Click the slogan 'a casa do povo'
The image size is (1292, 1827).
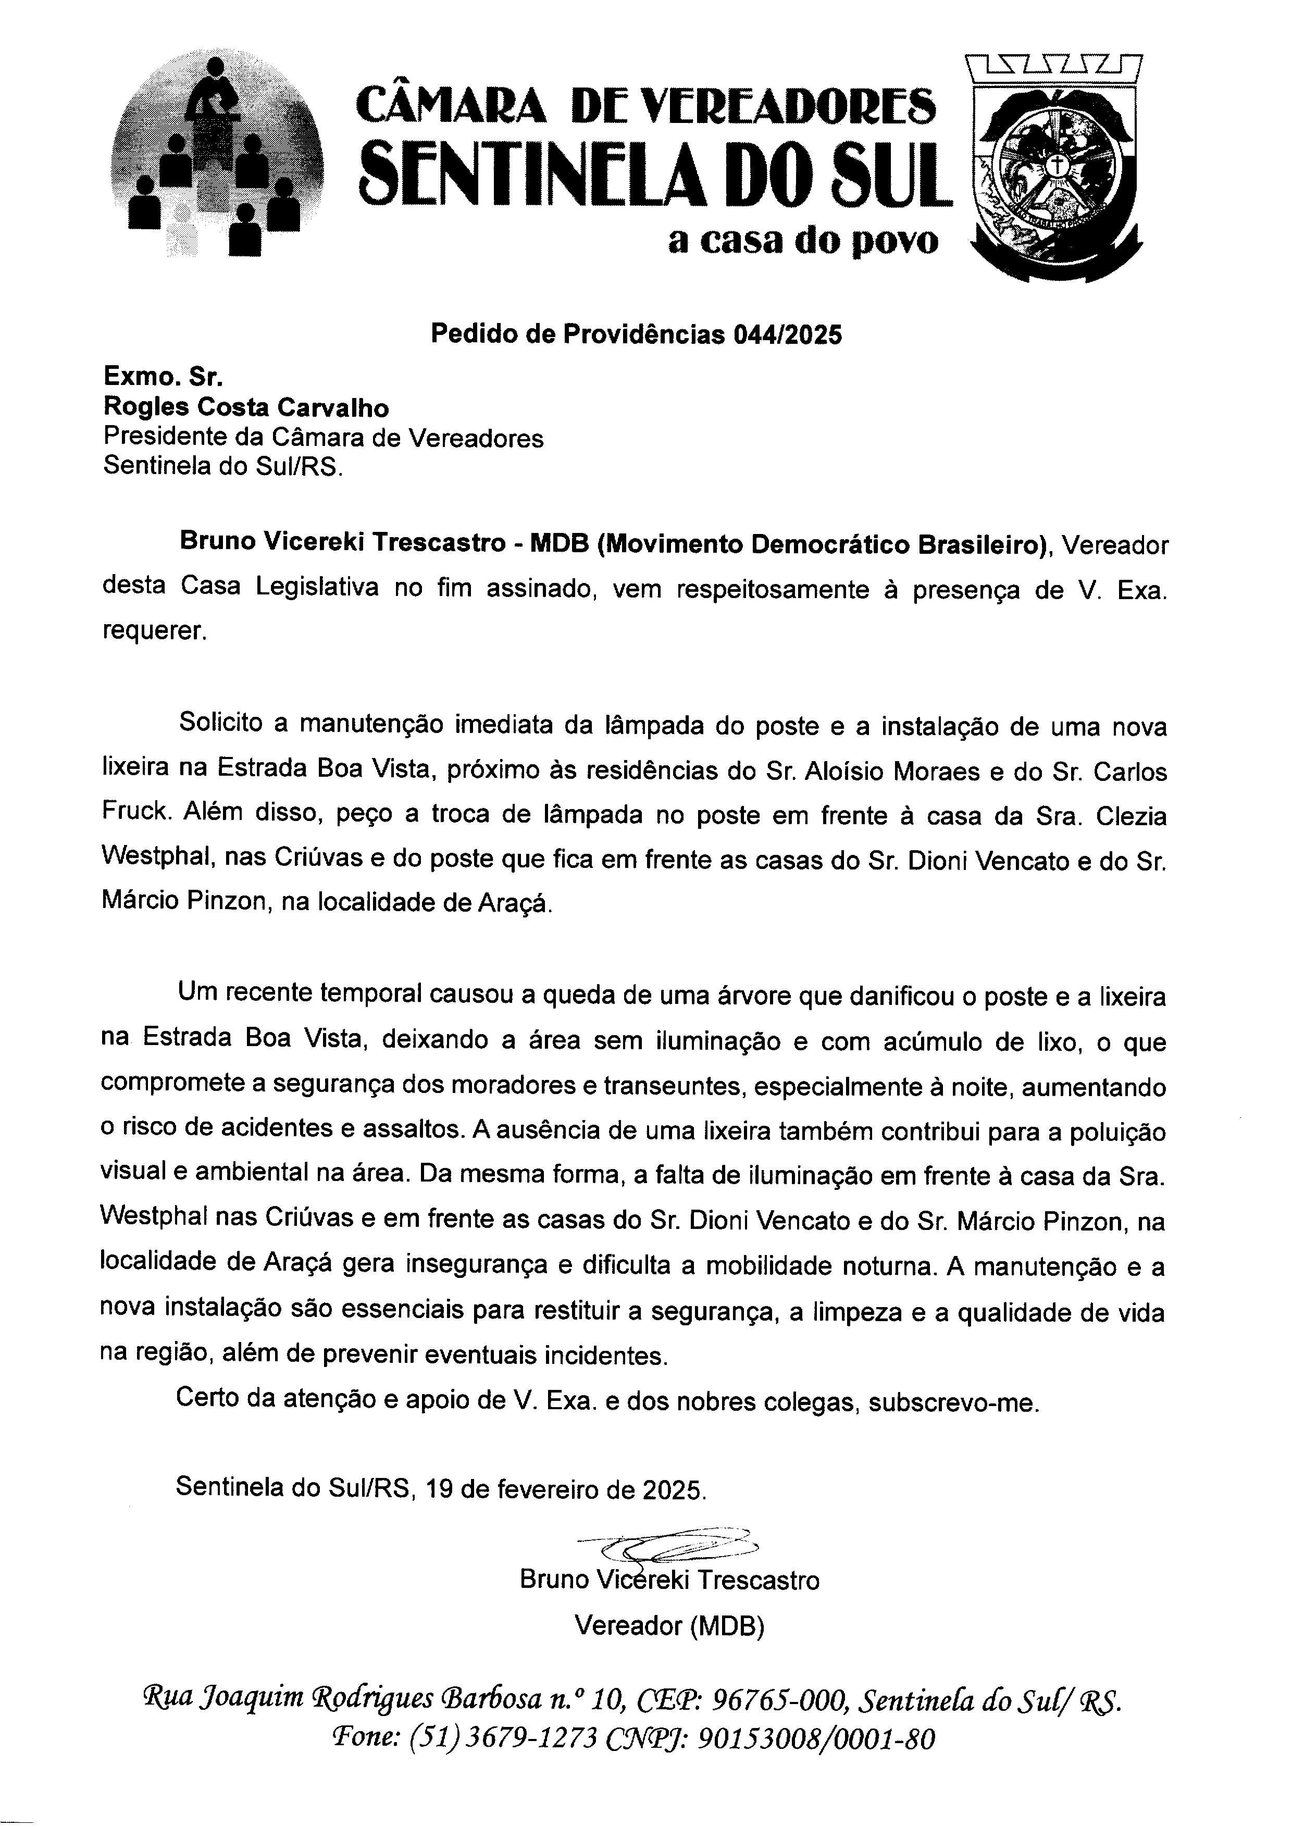803,240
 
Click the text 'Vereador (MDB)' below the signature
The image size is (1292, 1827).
669,1626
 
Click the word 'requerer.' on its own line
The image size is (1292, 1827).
154,632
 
